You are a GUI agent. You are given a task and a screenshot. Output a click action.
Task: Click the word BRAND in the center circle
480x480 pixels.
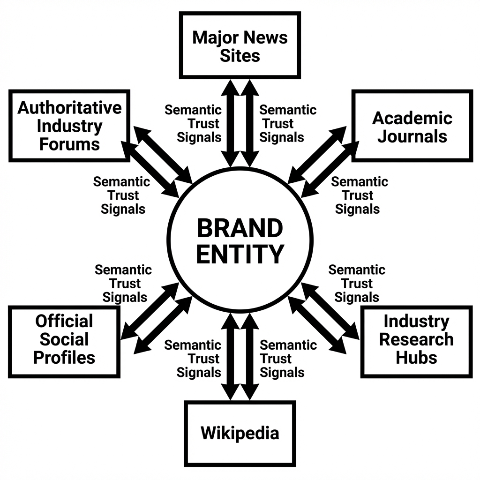240,229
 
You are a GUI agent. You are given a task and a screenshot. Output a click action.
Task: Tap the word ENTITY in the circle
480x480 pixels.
240,254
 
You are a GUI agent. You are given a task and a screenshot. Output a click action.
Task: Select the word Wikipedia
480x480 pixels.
240,433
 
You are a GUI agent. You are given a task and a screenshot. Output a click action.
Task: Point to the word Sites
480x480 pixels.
240,56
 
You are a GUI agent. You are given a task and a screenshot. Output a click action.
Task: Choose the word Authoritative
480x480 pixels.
69,108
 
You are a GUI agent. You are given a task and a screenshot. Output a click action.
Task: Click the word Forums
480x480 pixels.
69,144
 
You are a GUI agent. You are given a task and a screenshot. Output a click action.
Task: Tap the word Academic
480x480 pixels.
412,118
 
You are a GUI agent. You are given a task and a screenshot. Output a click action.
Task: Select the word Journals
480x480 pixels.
412,136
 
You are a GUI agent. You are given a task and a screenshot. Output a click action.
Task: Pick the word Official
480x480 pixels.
64,321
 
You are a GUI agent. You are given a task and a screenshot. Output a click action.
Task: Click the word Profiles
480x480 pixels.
64,357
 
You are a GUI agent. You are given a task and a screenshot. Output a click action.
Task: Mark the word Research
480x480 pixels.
416,339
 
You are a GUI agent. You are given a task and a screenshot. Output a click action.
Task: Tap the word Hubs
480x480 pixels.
416,357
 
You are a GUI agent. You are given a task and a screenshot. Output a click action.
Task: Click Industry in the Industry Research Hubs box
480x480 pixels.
416,321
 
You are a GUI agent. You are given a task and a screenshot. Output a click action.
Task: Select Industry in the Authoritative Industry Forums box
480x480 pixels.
69,126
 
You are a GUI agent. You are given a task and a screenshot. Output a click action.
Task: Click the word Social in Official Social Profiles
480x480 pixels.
64,339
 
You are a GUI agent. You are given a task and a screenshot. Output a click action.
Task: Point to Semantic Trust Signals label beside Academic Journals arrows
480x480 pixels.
359,195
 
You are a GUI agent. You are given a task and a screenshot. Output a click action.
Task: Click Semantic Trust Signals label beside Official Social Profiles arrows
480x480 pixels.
124,283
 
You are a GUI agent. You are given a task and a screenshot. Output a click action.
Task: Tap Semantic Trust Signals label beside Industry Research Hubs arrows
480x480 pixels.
357,283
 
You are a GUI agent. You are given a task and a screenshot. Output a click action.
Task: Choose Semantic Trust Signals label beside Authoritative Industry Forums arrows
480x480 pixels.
122,195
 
